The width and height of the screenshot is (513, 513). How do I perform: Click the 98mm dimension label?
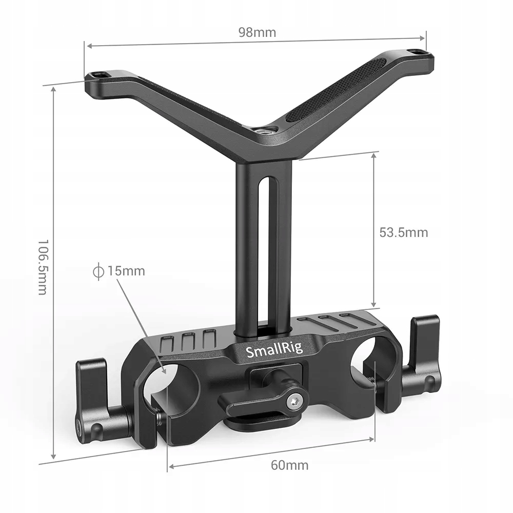pyautogui.click(x=257, y=33)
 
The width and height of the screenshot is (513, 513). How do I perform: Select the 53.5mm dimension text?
pyautogui.click(x=403, y=232)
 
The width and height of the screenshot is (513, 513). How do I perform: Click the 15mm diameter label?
pyautogui.click(x=126, y=271)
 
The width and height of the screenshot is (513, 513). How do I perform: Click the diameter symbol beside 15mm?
pyautogui.click(x=98, y=271)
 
